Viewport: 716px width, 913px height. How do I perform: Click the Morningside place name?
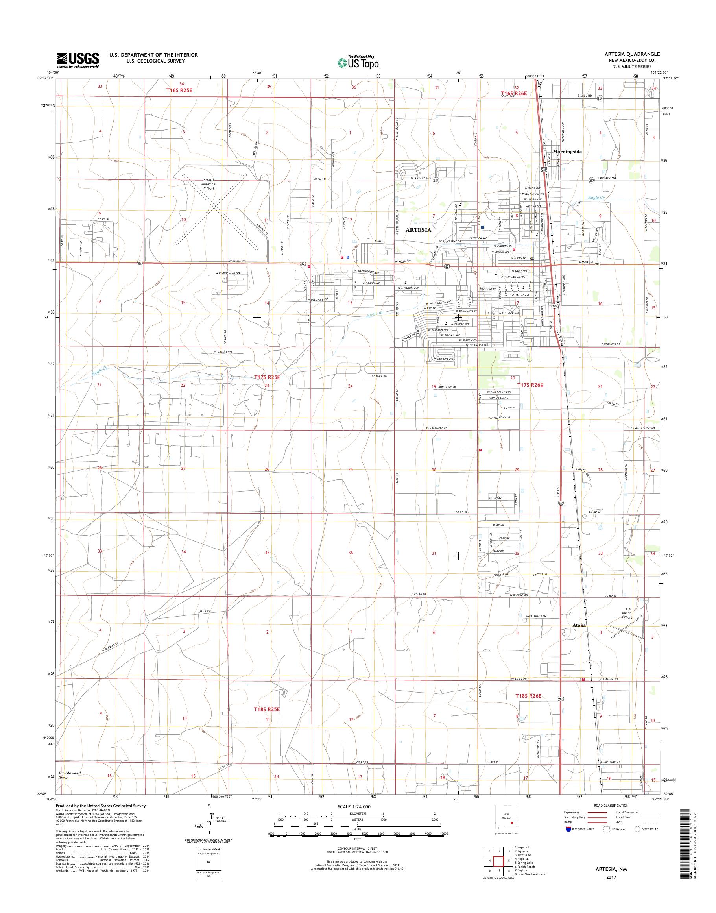coord(567,152)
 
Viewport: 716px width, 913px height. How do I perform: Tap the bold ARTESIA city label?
coord(418,230)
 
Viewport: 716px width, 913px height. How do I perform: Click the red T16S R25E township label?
coord(180,90)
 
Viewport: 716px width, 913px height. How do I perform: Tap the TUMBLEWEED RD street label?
coord(437,428)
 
